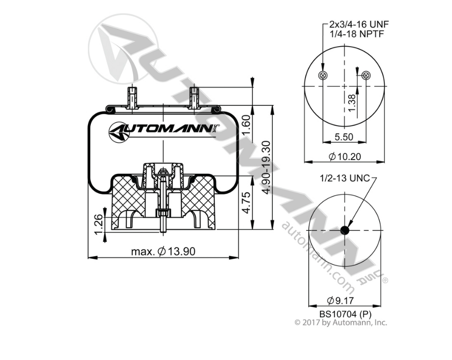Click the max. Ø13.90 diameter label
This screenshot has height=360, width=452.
pos(163,251)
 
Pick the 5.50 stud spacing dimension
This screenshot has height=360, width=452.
pos(343,137)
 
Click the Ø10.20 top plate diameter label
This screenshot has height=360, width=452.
pos(343,156)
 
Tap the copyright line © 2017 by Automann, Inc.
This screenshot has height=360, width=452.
pos(341,323)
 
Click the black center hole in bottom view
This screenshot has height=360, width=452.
pos(344,231)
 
